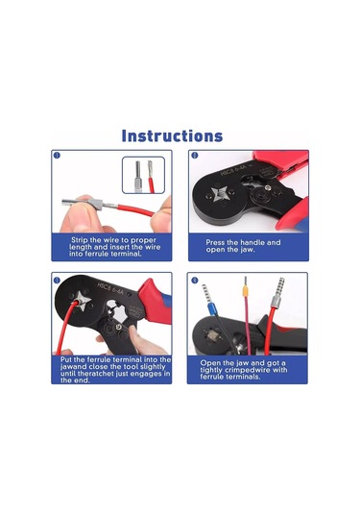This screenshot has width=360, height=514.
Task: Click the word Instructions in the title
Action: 172,135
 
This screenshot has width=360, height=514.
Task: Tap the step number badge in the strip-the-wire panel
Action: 57,155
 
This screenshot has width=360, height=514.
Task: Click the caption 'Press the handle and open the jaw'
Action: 245,247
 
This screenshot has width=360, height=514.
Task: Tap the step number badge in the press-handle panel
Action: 194,155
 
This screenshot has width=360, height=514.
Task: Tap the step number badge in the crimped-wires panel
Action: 194,281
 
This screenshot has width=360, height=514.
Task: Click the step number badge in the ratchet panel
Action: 57,281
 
